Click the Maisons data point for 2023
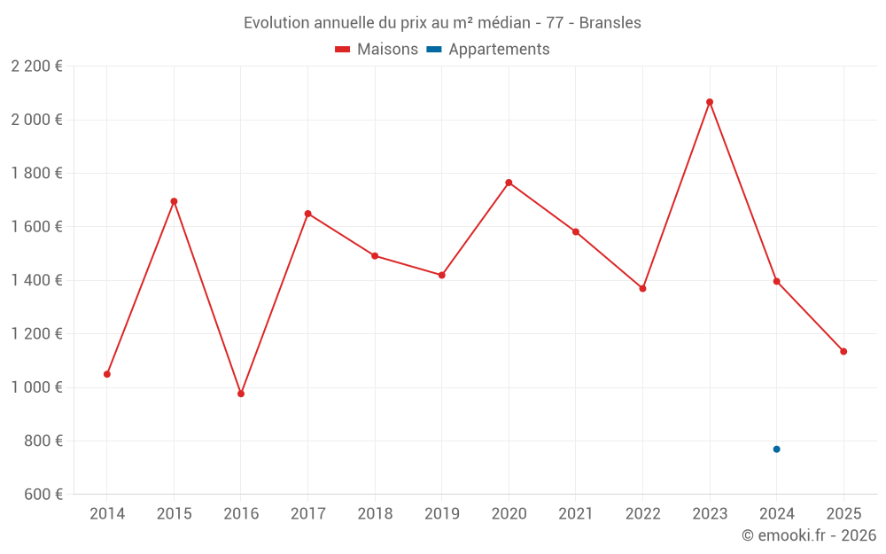point(710,102)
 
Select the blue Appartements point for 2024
point(777,449)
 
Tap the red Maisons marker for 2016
point(241,394)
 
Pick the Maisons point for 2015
point(174,201)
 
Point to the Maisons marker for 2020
point(509,183)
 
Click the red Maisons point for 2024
point(777,282)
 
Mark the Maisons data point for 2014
point(107,374)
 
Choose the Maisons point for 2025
point(843,352)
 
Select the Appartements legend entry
point(488,50)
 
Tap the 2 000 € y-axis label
point(36,120)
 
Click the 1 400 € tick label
point(36,280)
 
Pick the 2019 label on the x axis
point(441,514)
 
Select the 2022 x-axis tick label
point(642,514)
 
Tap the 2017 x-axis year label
point(307,514)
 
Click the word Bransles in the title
point(610,23)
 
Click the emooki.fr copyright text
point(809,535)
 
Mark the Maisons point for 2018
point(375,256)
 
